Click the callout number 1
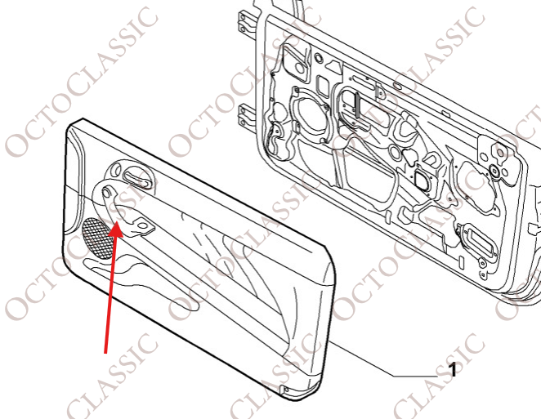tap(452, 370)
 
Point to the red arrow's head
tap(116, 230)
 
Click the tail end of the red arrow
tap(105, 353)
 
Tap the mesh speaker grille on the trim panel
tap(97, 238)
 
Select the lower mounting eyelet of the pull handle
tap(142, 225)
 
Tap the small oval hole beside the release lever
tap(116, 171)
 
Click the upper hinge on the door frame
tap(246, 22)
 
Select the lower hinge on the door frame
tap(246, 116)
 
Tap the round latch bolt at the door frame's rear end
tap(494, 171)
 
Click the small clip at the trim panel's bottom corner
tap(284, 389)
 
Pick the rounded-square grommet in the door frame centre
tap(421, 180)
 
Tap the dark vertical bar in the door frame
tap(357, 105)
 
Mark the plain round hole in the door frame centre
tap(395, 151)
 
